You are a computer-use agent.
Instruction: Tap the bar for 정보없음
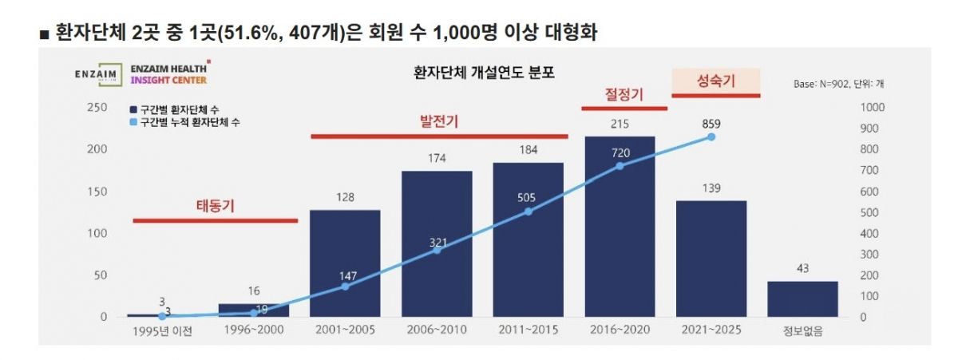802,299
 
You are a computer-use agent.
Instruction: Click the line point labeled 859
711,137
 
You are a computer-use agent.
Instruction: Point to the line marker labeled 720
620,166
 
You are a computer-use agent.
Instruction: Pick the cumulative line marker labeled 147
345,286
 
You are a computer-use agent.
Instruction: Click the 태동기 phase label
215,205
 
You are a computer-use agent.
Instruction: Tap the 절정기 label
623,94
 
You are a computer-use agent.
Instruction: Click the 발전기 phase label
438,122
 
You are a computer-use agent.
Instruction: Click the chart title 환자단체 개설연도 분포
483,73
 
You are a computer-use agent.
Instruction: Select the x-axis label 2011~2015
528,331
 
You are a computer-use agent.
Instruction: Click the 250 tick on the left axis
97,108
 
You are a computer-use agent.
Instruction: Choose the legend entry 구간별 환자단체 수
179,109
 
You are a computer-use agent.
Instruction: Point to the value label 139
711,188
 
